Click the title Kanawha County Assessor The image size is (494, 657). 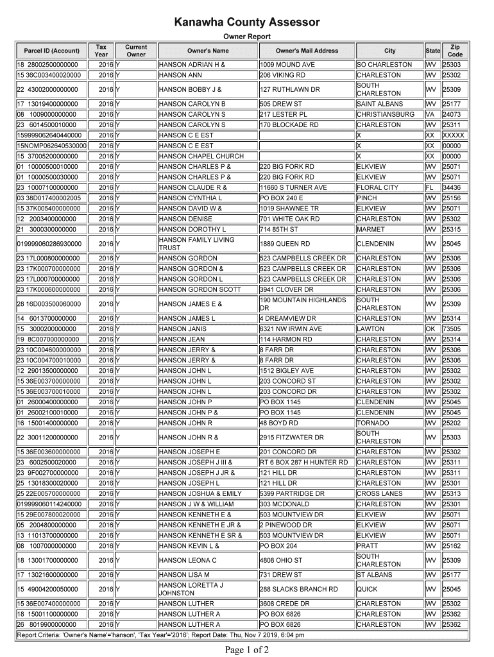click(247, 23)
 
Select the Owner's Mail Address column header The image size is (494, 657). click(307, 51)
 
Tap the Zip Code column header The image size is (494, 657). click(455, 51)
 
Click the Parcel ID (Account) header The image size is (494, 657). click(51, 51)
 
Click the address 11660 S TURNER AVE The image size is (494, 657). click(293, 188)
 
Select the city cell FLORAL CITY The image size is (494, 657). click(377, 188)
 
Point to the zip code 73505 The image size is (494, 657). click(452, 329)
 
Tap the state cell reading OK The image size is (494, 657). click(430, 329)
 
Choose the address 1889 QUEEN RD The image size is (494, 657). click(285, 244)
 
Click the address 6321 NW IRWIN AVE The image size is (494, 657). click(291, 329)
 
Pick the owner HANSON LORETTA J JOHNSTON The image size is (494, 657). click(191, 589)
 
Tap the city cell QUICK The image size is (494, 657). click(368, 589)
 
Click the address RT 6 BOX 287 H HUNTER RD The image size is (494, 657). click(303, 462)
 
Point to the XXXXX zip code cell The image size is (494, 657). click(454, 135)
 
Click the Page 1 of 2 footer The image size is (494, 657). click(247, 650)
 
